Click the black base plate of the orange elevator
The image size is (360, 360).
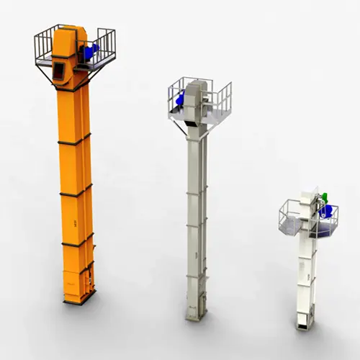[x=78, y=300]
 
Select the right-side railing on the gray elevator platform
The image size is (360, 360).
[x=222, y=97]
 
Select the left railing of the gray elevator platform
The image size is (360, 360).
[x=177, y=95]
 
